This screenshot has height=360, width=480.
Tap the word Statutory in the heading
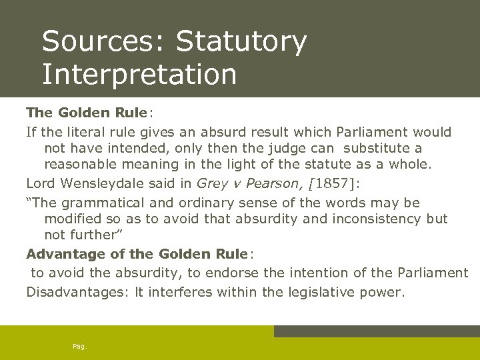(241, 43)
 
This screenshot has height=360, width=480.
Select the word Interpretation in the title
(139, 74)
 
